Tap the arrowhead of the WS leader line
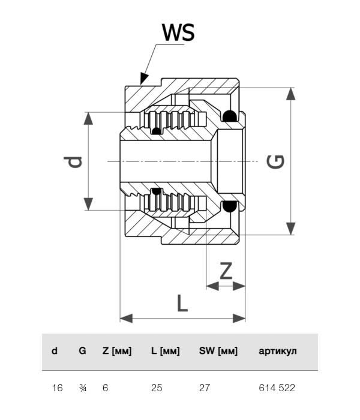tap(142, 79)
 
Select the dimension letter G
tap(275, 161)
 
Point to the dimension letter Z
tap(226, 271)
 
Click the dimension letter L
tap(182, 302)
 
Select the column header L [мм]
tap(165, 351)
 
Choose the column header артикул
tap(277, 351)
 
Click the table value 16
tap(58, 388)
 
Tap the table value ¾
tap(83, 388)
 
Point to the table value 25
tap(157, 388)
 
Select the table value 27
tap(205, 388)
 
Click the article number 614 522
tap(277, 388)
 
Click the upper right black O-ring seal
tap(229, 115)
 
